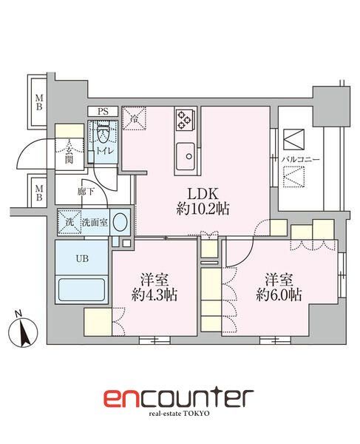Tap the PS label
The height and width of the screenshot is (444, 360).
click(103, 112)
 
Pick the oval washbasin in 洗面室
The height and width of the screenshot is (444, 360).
click(123, 221)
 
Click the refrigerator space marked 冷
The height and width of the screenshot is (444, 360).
click(135, 118)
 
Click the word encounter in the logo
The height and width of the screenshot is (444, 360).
click(178, 399)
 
